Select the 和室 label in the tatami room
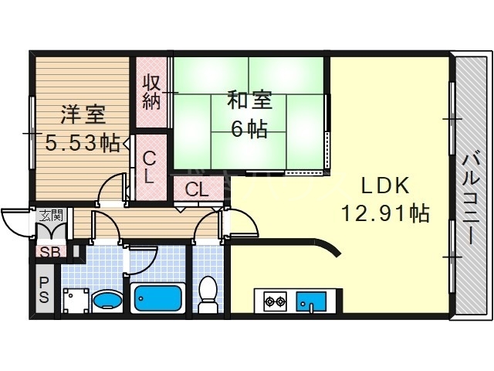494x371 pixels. [249, 101]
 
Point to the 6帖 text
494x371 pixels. [249, 128]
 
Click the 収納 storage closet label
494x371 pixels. [151, 91]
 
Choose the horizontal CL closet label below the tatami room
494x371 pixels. [195, 189]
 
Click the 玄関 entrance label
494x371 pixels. [52, 216]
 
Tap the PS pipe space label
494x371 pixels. [44, 290]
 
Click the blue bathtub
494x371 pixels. [157, 298]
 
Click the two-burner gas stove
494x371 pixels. [274, 299]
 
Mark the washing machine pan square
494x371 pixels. [75, 299]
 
